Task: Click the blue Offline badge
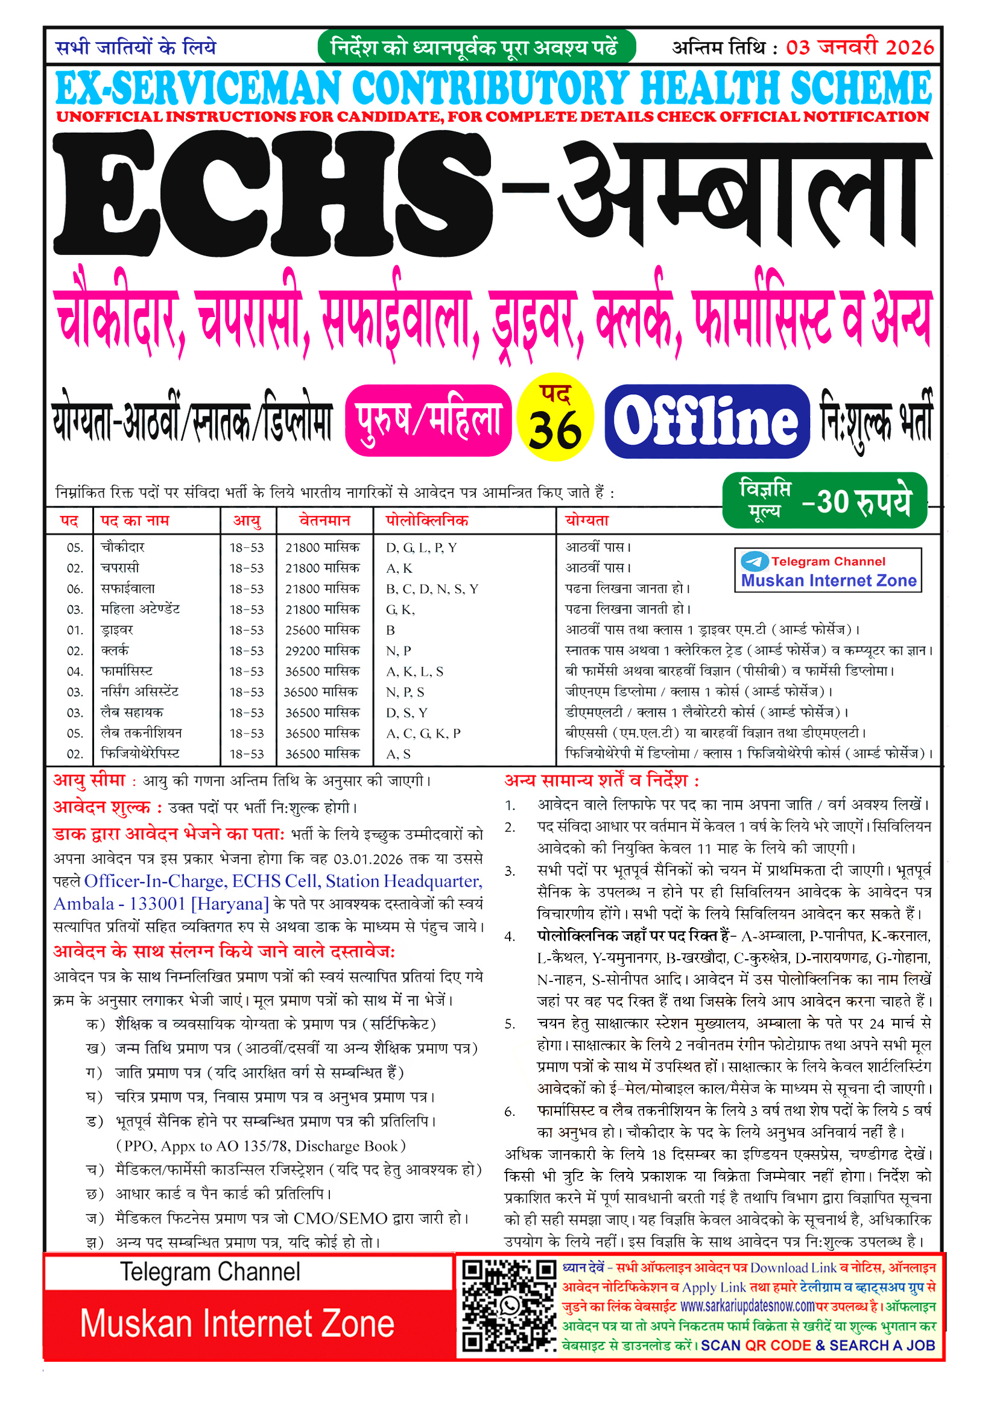706,421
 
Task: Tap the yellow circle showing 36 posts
555,418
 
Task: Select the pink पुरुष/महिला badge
428,421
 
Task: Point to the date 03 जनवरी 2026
859,47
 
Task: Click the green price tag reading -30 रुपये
825,500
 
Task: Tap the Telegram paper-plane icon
755,561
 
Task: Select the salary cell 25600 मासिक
322,630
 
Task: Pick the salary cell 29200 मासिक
322,650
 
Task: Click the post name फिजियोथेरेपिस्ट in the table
140,754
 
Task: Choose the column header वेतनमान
324,521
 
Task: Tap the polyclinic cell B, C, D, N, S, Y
431,589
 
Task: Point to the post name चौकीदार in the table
123,547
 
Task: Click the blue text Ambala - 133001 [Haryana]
161,904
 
